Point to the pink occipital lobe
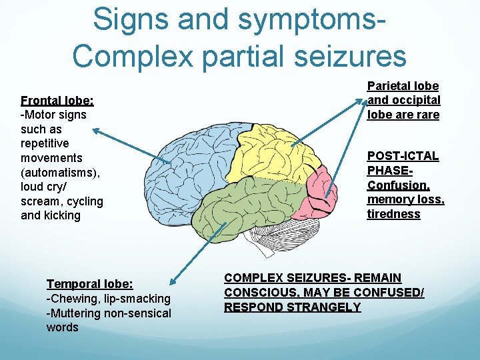tap(323, 190)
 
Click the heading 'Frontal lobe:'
tap(57, 101)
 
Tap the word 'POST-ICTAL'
tap(403, 156)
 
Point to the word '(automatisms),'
tap(61, 172)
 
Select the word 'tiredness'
tap(393, 214)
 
